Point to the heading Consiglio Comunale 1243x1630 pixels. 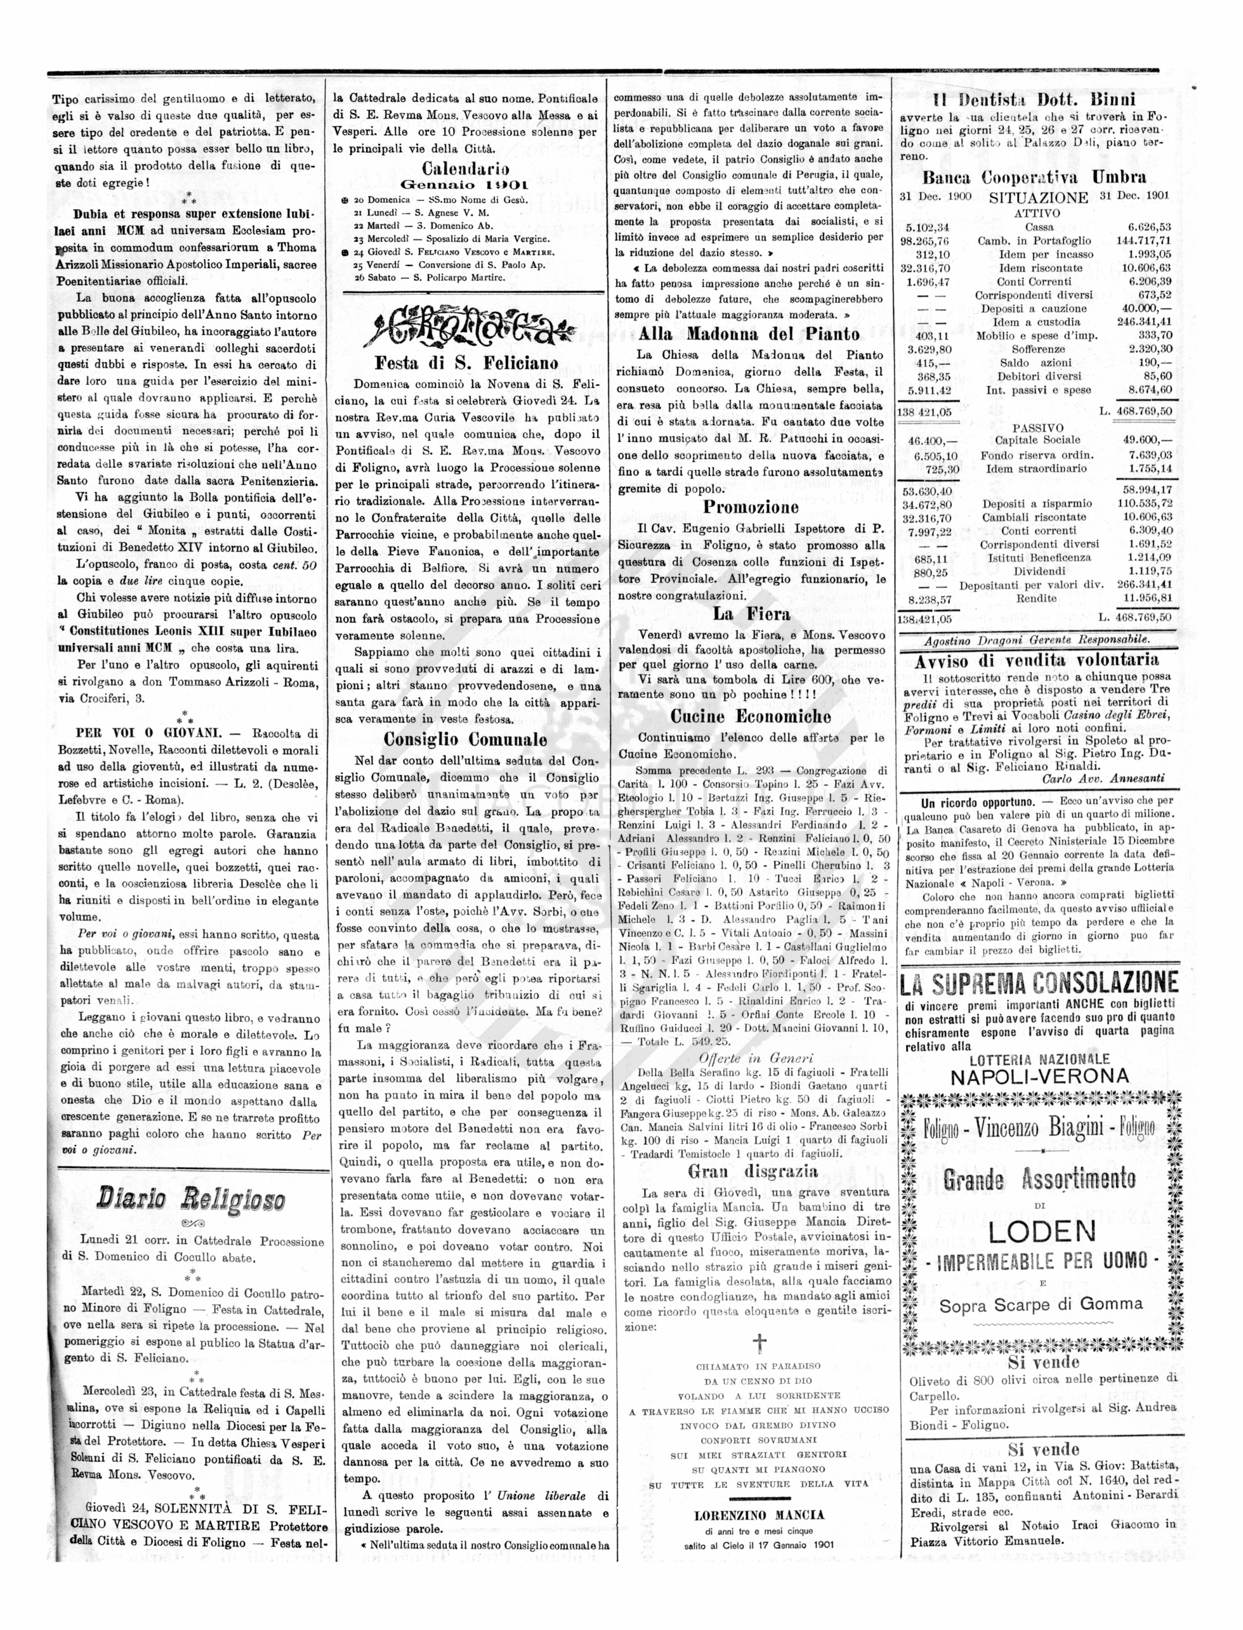tap(465, 739)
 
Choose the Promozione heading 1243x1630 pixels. tap(751, 507)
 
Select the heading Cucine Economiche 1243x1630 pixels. tap(751, 716)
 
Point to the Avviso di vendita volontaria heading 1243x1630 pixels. tap(1037, 660)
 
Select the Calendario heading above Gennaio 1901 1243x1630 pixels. tap(465, 168)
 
